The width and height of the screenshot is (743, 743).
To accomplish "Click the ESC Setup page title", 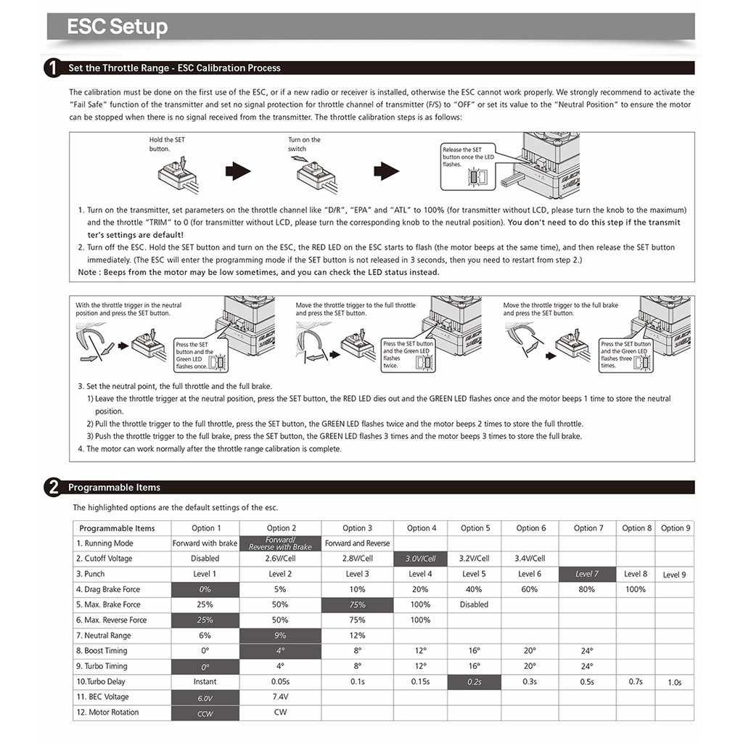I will (117, 27).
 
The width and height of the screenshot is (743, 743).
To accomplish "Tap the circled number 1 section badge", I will (53, 68).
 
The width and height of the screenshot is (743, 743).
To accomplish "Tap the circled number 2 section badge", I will (53, 488).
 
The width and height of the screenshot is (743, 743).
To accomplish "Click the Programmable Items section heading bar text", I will (115, 488).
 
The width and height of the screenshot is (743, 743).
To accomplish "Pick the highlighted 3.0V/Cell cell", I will (420, 559).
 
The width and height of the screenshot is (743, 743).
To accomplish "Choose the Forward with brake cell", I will (205, 543).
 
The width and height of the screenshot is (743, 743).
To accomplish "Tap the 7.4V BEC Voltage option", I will (280, 697).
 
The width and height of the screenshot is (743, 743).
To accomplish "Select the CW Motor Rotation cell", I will (280, 712).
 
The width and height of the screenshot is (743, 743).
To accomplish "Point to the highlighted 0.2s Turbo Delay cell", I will (474, 681).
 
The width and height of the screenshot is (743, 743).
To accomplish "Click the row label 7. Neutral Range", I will (104, 636).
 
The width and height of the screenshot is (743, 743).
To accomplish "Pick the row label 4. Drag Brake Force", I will (108, 589).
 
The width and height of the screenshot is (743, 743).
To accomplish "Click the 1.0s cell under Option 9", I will (674, 682).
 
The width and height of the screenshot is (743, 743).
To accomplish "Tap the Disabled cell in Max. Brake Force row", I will (474, 604).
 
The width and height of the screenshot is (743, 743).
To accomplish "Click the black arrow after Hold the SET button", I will (238, 171).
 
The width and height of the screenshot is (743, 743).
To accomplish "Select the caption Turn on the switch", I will (304, 144).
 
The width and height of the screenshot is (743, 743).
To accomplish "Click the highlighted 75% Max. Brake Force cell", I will (357, 604).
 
